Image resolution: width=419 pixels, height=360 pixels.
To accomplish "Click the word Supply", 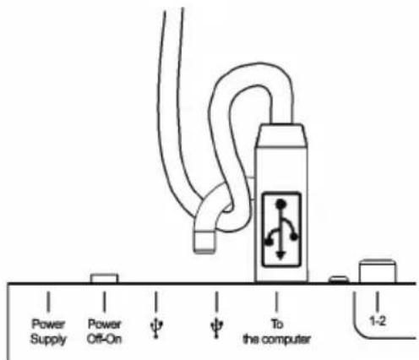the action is pos(48,339).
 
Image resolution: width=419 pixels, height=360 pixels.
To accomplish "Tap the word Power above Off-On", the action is pos(105,324).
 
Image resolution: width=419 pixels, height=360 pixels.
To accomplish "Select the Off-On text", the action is pos(105,339).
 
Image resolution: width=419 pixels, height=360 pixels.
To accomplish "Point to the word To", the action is pos(277,324).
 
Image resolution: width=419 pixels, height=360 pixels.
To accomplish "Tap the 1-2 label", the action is pos(378,321).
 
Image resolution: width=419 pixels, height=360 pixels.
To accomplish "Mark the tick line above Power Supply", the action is pos(48,302).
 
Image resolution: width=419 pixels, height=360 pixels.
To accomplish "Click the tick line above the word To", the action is pos(276,302).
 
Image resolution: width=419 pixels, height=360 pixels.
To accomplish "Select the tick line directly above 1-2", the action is pos(378,302).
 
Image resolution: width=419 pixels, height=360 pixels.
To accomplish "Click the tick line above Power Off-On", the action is pos(105,302).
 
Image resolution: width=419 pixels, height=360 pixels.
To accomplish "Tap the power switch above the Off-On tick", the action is pos(104,278).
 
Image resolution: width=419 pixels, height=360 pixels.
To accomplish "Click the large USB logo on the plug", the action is pos(280,229).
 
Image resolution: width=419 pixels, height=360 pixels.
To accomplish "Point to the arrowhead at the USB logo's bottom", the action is pos(280,255).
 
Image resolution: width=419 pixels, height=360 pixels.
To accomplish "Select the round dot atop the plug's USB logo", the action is pos(280,204).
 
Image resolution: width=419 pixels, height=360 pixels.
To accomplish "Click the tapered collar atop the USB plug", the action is pos(281,135).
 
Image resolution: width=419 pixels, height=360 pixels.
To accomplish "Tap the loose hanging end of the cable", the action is pos(205,242).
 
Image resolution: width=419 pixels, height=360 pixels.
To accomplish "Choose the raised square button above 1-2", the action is pos(378,271).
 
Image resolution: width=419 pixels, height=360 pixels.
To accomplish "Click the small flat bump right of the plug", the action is pos(339,279).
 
